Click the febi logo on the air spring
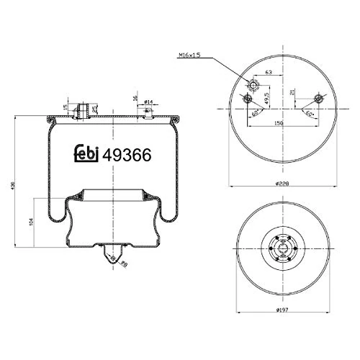pyautogui.click(x=88, y=154)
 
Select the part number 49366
pyautogui.click(x=127, y=154)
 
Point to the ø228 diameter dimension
pyautogui.click(x=282, y=183)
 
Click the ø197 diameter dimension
pyautogui.click(x=282, y=310)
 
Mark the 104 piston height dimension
pyautogui.click(x=31, y=222)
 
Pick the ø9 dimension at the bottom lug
pyautogui.click(x=124, y=265)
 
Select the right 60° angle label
pyautogui.click(x=308, y=114)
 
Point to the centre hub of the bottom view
pyautogui.click(x=282, y=251)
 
